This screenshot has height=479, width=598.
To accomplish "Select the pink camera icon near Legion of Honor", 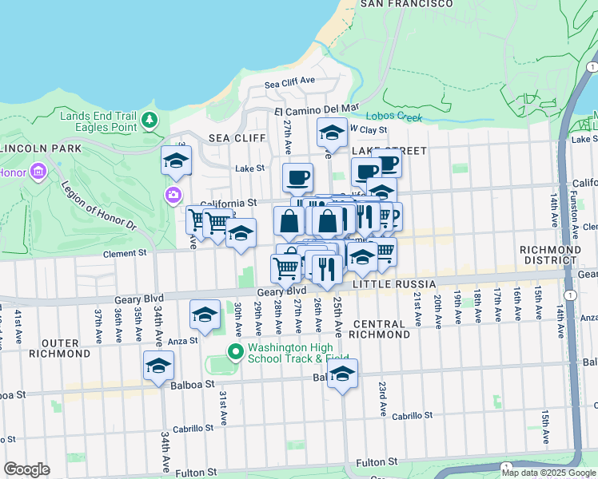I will [x=173, y=195].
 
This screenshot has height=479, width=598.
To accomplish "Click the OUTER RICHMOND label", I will [x=59, y=347].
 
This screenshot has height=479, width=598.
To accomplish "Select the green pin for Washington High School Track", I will [x=234, y=351].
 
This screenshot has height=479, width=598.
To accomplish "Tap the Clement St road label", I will [x=127, y=254].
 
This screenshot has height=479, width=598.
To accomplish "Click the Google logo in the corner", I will [x=26, y=469].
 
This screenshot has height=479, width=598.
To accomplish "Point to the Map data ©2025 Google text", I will [x=548, y=473].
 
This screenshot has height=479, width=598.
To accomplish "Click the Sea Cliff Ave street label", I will [x=290, y=82].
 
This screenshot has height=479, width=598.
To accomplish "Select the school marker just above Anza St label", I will [x=205, y=315].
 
